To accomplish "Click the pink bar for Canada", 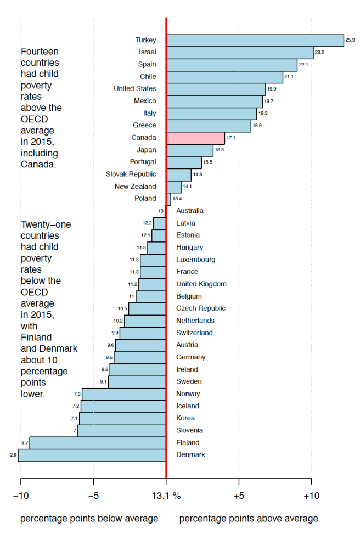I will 195,138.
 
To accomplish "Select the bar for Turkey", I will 255,40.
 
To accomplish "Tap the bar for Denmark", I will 92,455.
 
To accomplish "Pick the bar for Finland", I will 98,443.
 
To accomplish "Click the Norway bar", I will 124,394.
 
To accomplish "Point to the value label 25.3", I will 350,40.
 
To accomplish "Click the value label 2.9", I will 13,455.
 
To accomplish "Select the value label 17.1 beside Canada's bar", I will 230,138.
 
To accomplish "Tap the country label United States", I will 135,89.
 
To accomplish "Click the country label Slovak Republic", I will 131,174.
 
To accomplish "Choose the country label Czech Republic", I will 201,308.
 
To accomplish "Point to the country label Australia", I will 190,211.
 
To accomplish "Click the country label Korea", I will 185,418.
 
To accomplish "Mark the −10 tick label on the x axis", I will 20,496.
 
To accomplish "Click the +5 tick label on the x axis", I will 239,496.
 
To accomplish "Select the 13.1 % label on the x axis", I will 166,496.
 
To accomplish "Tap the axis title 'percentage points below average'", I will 89,519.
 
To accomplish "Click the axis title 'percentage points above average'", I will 249,519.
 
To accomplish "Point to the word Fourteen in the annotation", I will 40,51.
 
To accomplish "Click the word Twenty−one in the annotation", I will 46,224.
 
